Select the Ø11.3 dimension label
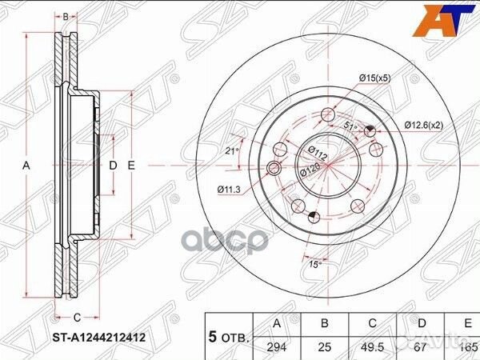pos(230,189)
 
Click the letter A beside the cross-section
pos(26,166)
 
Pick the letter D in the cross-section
pos(113,166)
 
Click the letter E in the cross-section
pos(131,166)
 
